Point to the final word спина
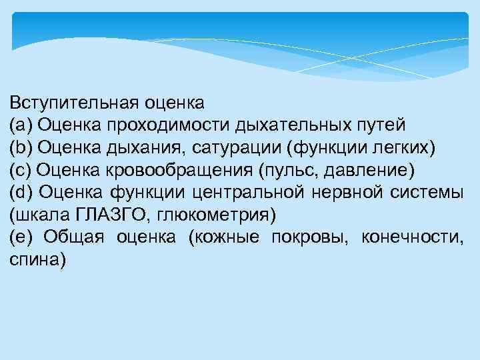(x=37, y=261)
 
